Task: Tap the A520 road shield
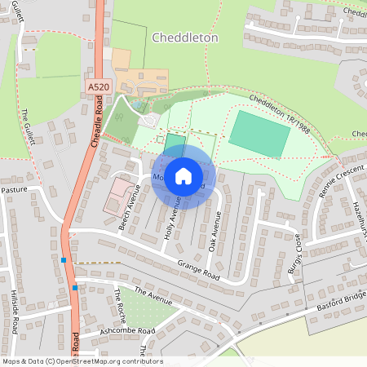[x=96, y=85]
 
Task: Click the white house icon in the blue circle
[x=183, y=176]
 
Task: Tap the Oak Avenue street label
[x=214, y=233]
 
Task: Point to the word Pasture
[x=14, y=189]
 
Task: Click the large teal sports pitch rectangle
[x=259, y=134]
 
